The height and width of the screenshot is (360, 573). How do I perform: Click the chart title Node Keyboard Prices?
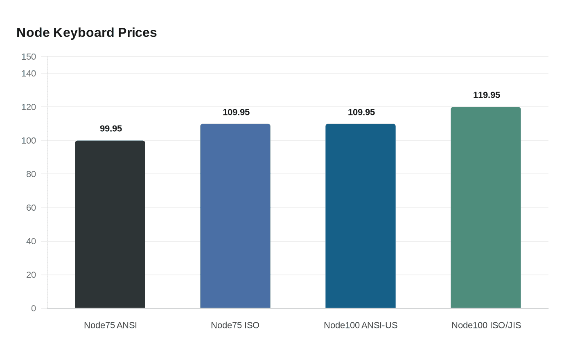coord(87,33)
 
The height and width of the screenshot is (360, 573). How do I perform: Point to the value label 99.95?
coord(111,129)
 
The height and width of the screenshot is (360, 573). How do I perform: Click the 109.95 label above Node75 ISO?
coord(236,112)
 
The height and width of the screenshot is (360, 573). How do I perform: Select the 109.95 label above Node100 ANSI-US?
coord(361,112)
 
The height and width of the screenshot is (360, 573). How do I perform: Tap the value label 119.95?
coord(487,95)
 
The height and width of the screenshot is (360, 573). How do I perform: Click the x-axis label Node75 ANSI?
coord(111,325)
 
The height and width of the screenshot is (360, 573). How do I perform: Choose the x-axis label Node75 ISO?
coord(235,325)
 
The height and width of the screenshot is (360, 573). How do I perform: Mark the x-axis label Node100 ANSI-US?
coord(361,325)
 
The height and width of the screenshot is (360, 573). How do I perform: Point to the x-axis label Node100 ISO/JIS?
coord(486,325)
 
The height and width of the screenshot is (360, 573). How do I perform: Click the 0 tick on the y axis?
coord(34,308)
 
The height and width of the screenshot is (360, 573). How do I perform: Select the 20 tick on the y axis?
coord(31,275)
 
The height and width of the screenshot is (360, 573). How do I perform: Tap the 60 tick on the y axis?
coord(31,208)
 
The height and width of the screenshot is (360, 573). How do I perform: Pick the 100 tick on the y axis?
coord(29,141)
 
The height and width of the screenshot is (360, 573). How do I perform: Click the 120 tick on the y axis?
coord(29,107)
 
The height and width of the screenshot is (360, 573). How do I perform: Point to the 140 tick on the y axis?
coord(29,74)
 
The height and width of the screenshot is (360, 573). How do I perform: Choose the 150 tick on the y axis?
coord(29,57)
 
